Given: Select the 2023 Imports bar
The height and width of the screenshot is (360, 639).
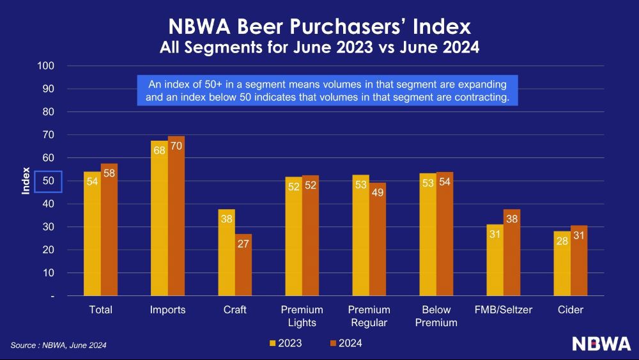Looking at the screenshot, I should [x=159, y=218].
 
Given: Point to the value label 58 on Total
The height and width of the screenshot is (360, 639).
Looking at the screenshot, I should [x=109, y=174].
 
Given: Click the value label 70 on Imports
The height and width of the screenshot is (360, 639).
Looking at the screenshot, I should [x=176, y=146].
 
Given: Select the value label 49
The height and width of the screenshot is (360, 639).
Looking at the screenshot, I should [x=377, y=192].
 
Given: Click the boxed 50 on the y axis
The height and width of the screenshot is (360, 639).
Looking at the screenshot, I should [x=48, y=181].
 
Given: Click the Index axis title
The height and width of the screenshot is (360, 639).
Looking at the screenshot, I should [x=26, y=181].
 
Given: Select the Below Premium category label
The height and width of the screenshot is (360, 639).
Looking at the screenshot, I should [x=436, y=316].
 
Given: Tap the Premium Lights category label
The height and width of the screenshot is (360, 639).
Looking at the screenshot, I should [x=302, y=316].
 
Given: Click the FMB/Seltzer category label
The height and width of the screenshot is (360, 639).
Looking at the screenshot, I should [x=503, y=310].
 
